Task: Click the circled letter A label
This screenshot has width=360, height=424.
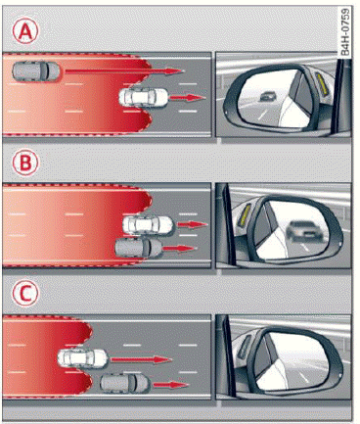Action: click(x=25, y=31)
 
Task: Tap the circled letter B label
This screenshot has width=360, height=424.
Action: click(x=25, y=163)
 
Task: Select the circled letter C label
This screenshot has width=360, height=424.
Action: click(x=25, y=294)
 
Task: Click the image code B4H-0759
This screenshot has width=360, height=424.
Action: click(x=345, y=31)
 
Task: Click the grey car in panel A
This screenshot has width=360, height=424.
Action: click(x=36, y=71)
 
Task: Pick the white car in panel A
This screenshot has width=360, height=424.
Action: click(x=144, y=97)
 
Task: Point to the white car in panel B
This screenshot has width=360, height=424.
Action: click(x=148, y=224)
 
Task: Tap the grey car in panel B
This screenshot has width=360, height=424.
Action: click(x=139, y=248)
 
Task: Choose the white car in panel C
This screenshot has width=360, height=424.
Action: click(x=82, y=358)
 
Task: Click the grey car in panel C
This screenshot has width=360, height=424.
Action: click(x=125, y=383)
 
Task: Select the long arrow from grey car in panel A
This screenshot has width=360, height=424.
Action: click(x=124, y=71)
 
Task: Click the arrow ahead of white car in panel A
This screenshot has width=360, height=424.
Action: click(x=188, y=97)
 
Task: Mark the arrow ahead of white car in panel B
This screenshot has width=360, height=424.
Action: click(x=192, y=224)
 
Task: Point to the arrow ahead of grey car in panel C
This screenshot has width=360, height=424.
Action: click(x=171, y=385)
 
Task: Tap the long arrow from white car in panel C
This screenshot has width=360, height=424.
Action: click(x=142, y=359)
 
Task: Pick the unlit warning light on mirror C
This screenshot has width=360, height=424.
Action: click(x=246, y=346)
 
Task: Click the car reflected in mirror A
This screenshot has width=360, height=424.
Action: click(x=268, y=96)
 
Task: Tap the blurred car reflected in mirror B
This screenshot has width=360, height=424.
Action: click(x=304, y=231)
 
